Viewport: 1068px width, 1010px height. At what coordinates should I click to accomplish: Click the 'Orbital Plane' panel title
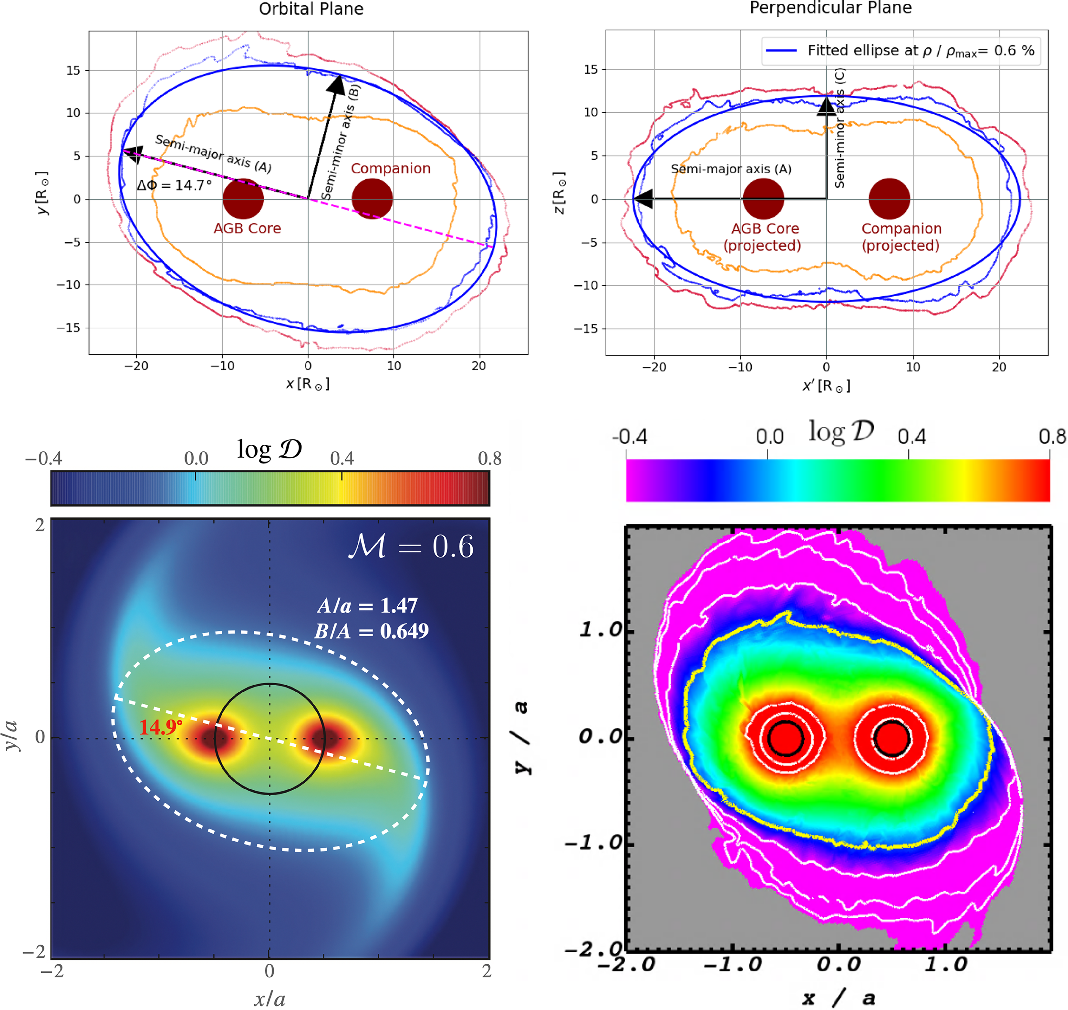point(311,9)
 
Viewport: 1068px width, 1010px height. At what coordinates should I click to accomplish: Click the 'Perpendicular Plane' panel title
point(830,8)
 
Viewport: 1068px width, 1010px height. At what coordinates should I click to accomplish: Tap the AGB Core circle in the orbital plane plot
point(243,199)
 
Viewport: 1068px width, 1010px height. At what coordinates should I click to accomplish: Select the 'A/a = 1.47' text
point(367,606)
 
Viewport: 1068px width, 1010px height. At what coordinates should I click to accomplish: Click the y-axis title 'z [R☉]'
point(560,193)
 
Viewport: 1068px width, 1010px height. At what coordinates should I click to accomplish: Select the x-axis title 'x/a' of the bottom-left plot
point(270,999)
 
